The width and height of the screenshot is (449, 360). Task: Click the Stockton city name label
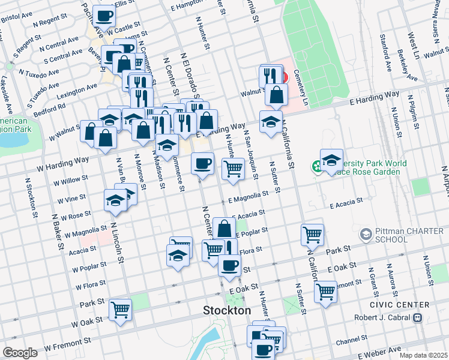pos(227,311)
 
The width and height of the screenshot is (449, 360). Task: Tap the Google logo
pos(20,353)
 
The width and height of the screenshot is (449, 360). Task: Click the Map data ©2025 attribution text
pos(423,355)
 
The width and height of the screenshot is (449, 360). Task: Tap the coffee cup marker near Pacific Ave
pos(103,16)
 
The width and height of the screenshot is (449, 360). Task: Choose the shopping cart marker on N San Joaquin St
pos(233,168)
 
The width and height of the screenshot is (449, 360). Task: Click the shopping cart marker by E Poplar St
pos(312,235)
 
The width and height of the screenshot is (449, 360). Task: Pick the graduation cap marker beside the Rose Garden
pos(331,160)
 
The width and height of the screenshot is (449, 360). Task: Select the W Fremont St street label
pos(67,344)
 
